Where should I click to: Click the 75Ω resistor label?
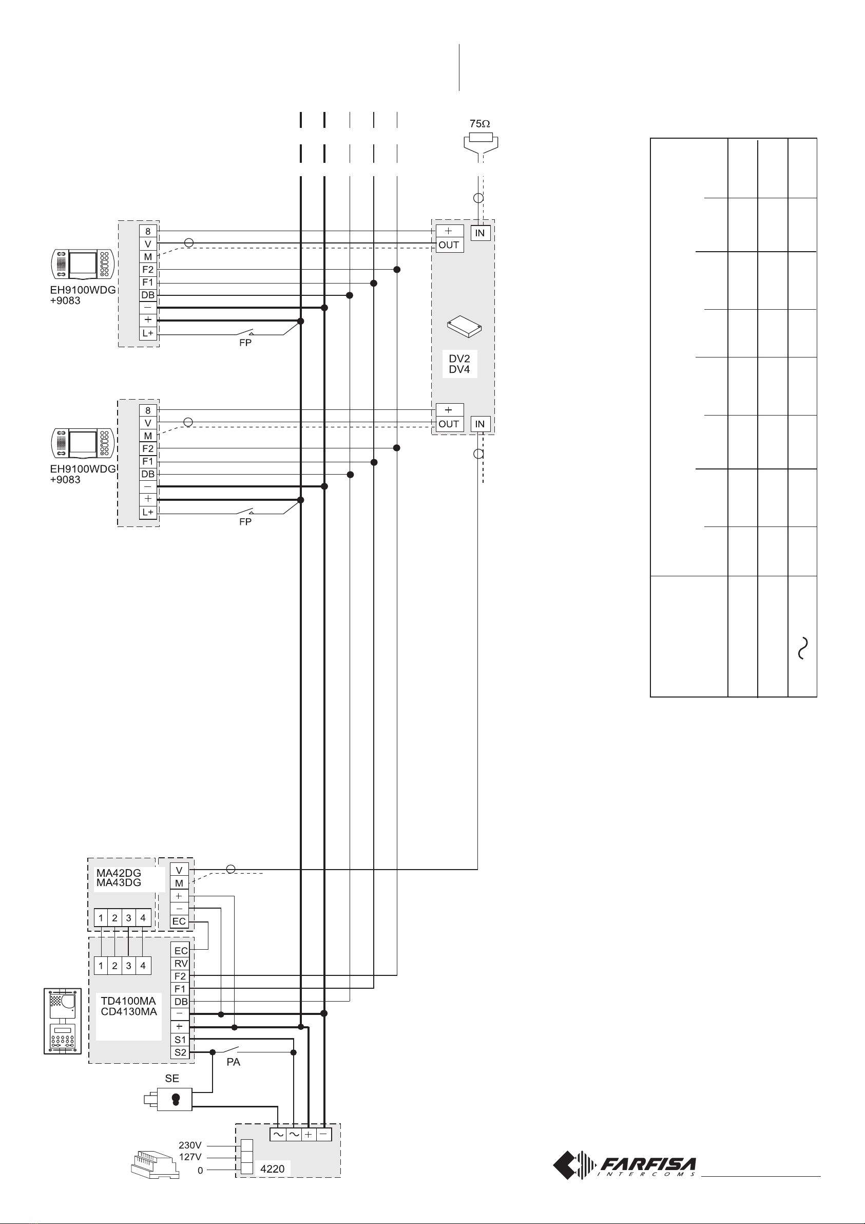coord(479,124)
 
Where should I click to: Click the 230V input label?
coord(190,1145)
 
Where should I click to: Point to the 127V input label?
coord(190,1157)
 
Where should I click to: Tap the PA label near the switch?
coord(234,1062)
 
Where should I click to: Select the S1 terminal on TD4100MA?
coord(181,1040)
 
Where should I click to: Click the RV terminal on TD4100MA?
coord(181,963)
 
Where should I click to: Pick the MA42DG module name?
coord(118,873)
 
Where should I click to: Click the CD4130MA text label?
coord(128,1011)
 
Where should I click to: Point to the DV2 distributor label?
coord(459,359)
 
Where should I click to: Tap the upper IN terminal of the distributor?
coord(480,233)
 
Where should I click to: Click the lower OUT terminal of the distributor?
coord(449,424)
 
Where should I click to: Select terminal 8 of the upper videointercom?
coord(148,231)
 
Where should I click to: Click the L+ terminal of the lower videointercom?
coord(148,512)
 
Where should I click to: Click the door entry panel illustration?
coord(62,1021)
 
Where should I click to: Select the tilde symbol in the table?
coord(802,648)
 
